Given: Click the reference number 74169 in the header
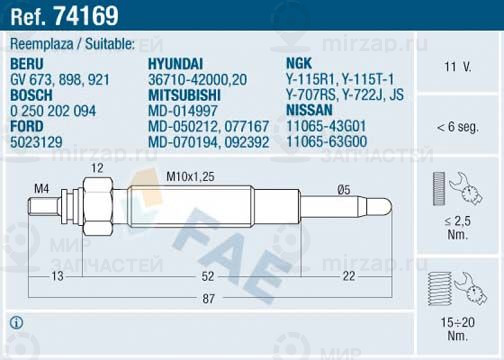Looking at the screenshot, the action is [86, 15].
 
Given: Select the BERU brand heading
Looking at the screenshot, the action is [27, 64].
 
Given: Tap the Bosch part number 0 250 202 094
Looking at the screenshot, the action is [53, 111].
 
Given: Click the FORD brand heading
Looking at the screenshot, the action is [27, 126].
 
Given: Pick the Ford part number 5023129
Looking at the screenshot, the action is [36, 142].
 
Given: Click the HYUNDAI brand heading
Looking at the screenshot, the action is [175, 64].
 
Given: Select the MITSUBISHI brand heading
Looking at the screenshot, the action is [184, 95].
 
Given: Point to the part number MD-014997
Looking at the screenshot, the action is [183, 111].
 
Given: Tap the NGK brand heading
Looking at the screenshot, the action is [299, 63].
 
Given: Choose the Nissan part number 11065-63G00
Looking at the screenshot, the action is [327, 141].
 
